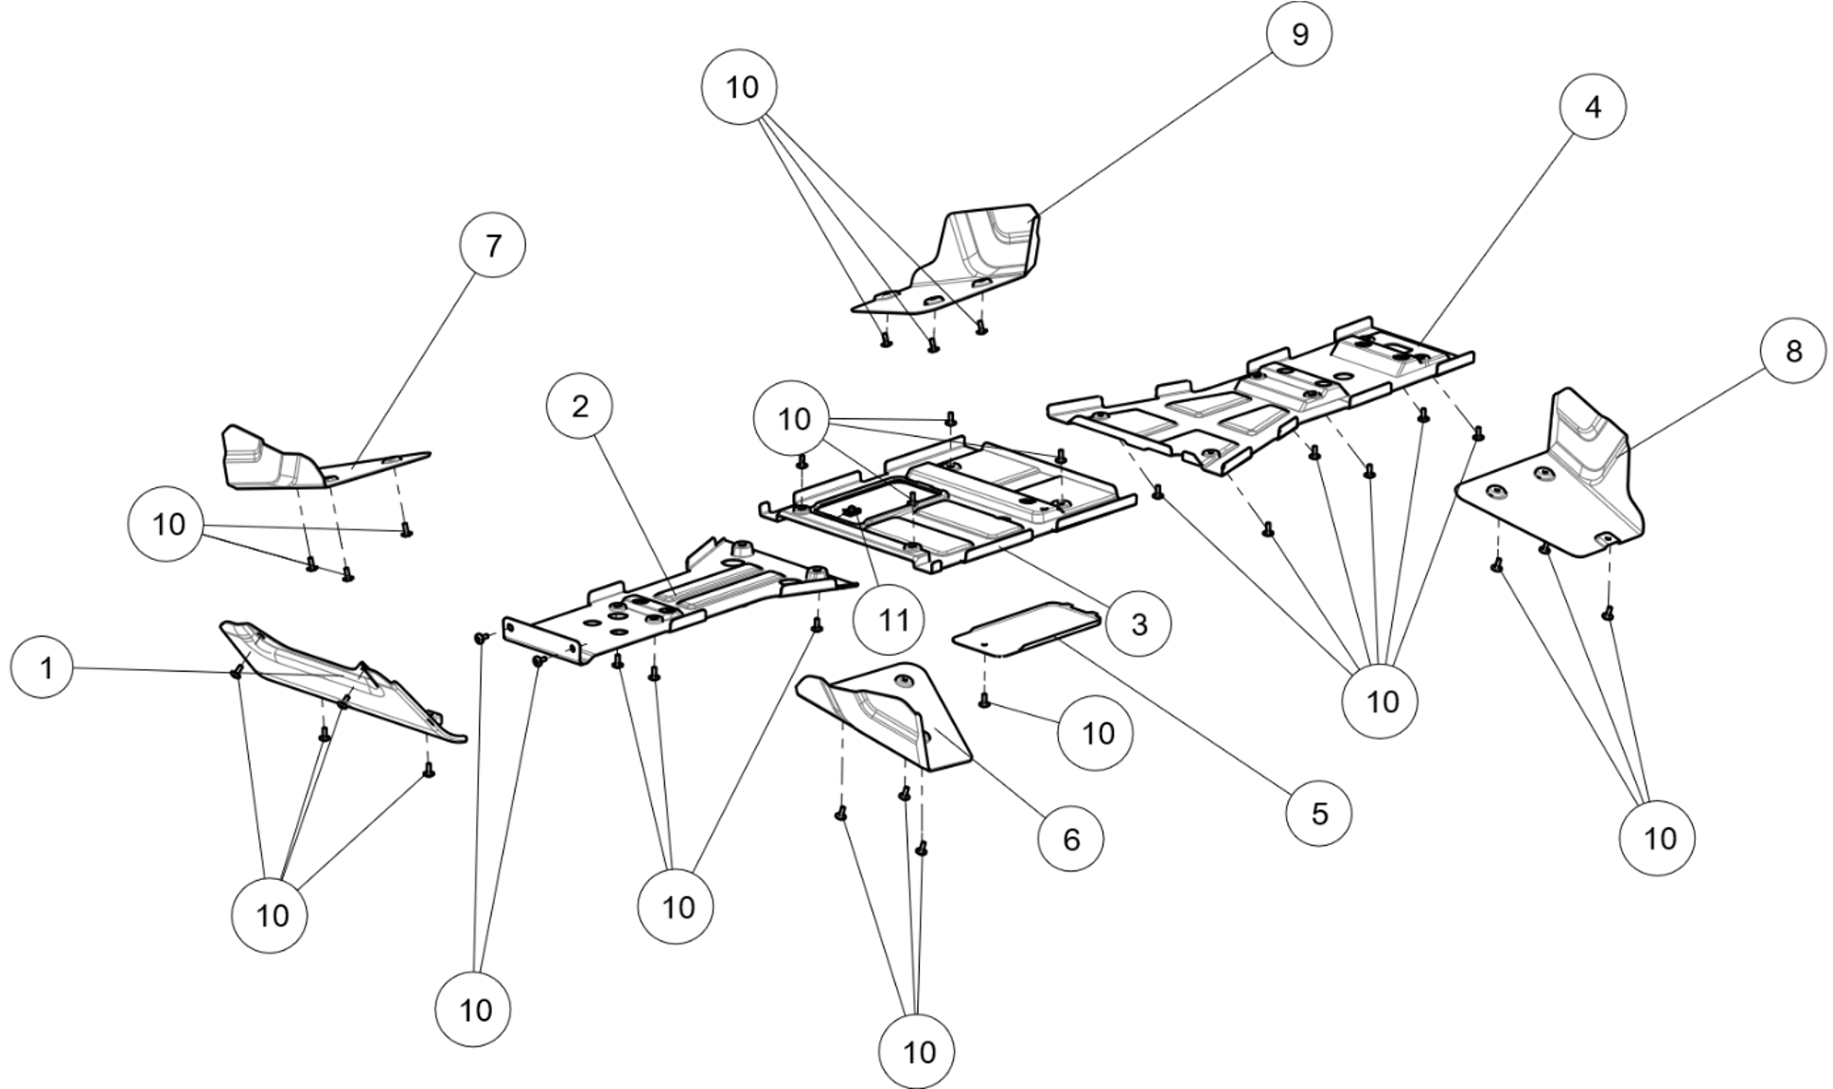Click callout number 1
click(x=44, y=668)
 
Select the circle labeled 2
click(x=579, y=406)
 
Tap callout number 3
click(x=1138, y=624)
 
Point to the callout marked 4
click(x=1593, y=107)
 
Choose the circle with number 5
click(x=1319, y=813)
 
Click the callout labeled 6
click(x=1070, y=838)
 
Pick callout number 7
click(x=492, y=245)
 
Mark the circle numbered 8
click(x=1793, y=351)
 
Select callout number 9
click(x=1299, y=34)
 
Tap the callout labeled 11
click(x=889, y=621)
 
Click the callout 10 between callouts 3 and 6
click(x=1096, y=733)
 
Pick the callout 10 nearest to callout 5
click(x=1381, y=701)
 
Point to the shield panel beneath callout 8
click(x=1571, y=483)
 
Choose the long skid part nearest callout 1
click(x=341, y=676)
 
